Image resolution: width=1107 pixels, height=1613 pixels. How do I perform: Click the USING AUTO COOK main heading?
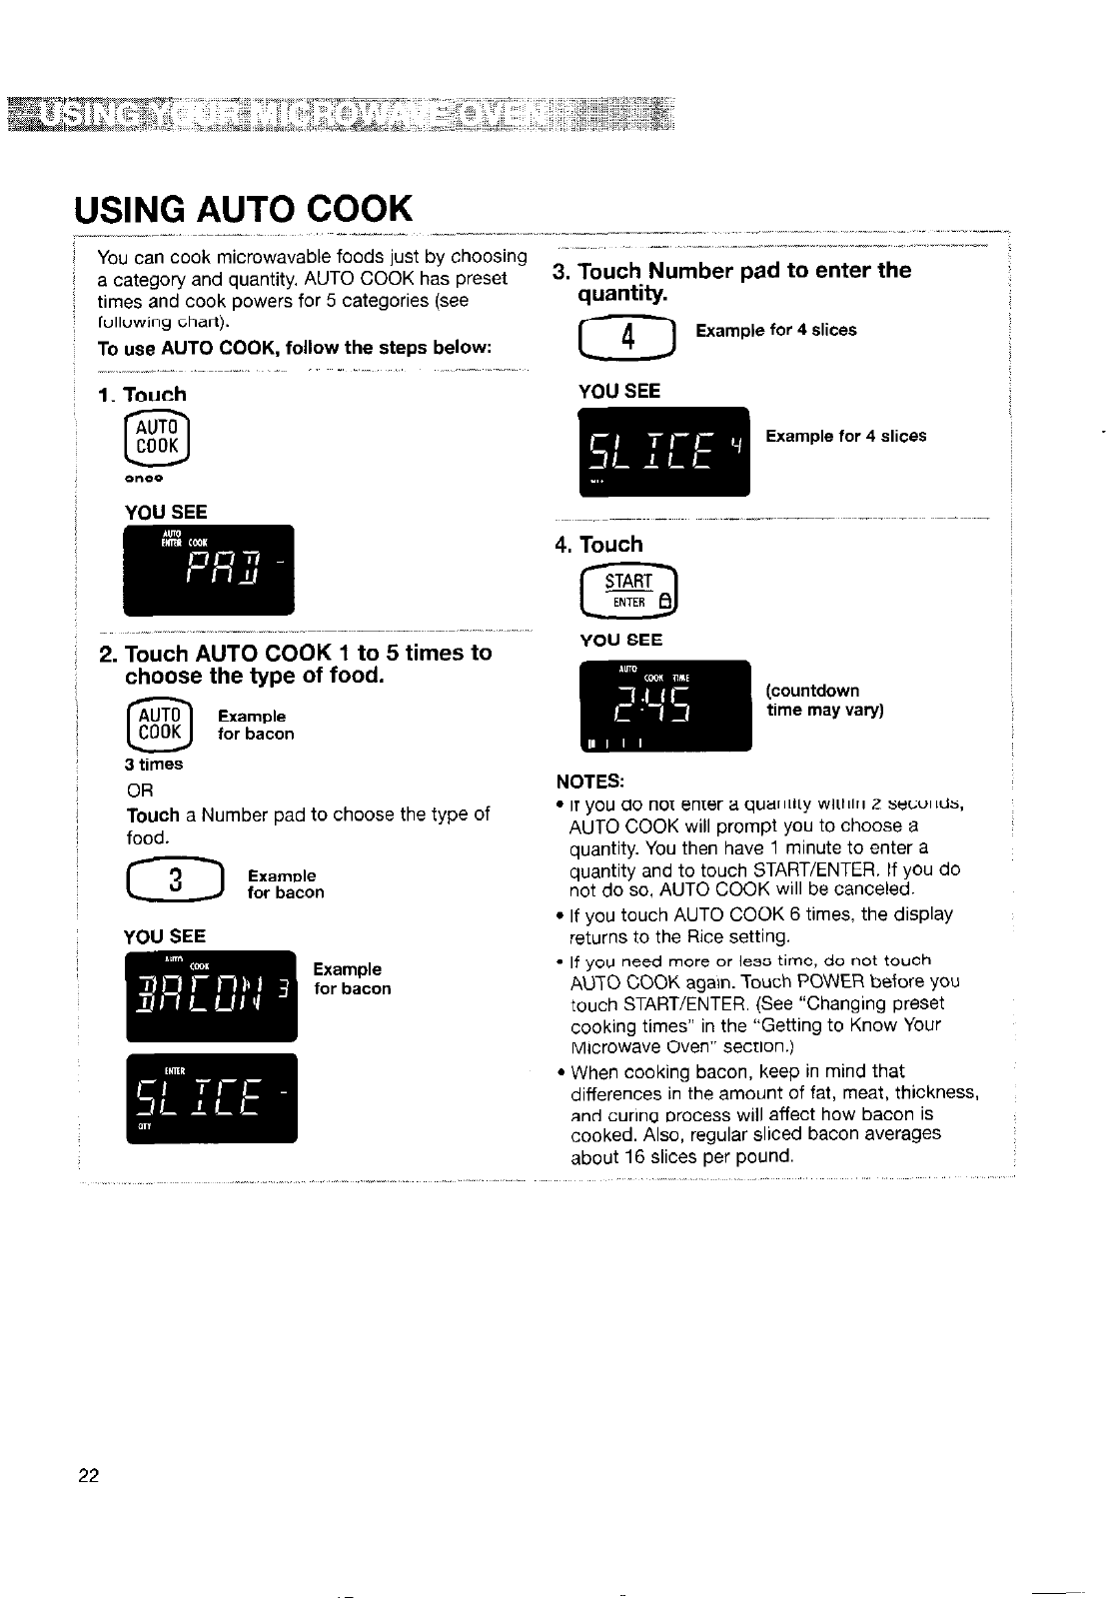pyautogui.click(x=243, y=209)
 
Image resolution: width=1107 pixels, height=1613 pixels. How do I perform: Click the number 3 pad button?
pyautogui.click(x=176, y=880)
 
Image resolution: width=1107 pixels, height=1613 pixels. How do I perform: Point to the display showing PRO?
pyautogui.click(x=209, y=570)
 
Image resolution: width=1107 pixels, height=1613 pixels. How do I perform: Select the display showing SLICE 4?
pyautogui.click(x=663, y=453)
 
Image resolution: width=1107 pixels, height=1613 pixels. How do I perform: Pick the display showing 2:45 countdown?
pyautogui.click(x=664, y=706)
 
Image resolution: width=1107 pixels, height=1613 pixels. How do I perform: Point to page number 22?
pyautogui.click(x=89, y=1476)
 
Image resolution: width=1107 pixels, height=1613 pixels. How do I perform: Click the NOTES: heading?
pyautogui.click(x=590, y=781)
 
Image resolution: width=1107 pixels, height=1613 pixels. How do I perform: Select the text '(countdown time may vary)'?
pyautogui.click(x=824, y=701)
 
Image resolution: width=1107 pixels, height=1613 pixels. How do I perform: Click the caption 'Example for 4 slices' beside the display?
pyautogui.click(x=845, y=436)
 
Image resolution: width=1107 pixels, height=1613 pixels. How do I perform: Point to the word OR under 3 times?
pyautogui.click(x=141, y=791)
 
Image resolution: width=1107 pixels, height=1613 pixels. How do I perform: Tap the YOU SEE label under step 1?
pyautogui.click(x=166, y=512)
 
